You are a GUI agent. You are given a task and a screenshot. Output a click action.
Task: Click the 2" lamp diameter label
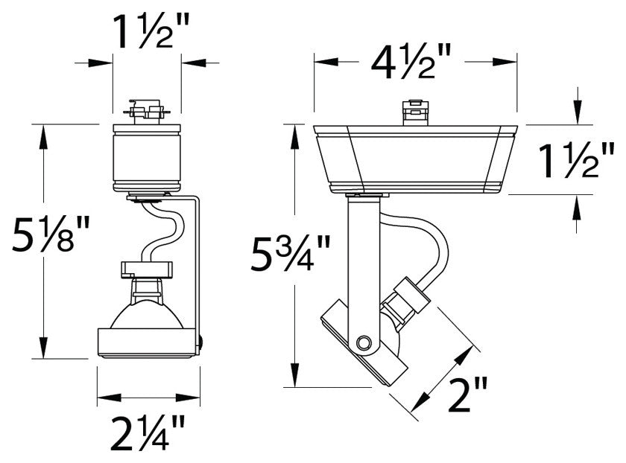pos(469,394)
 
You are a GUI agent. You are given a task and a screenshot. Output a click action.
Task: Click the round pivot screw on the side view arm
pos(364,342)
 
